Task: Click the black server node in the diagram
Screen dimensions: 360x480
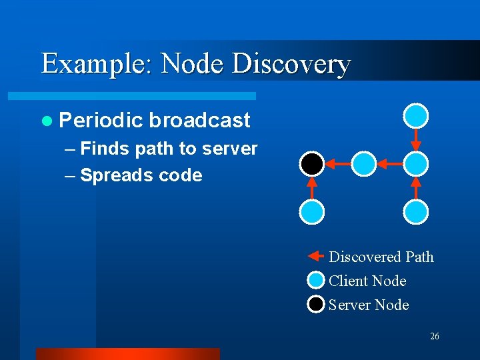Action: (311, 163)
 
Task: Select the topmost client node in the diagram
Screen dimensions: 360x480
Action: (416, 115)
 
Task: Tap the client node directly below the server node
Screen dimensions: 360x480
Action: (311, 211)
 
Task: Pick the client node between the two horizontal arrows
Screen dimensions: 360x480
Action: (364, 163)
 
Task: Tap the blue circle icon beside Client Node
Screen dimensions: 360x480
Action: (316, 281)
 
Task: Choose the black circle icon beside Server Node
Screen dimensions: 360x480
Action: (316, 305)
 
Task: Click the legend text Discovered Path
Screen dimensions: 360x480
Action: (381, 257)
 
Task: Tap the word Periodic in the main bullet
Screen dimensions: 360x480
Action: (101, 120)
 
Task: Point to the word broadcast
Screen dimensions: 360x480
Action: (199, 120)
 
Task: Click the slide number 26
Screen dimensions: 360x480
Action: (434, 337)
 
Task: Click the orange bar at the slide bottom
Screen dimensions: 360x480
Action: (127, 353)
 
